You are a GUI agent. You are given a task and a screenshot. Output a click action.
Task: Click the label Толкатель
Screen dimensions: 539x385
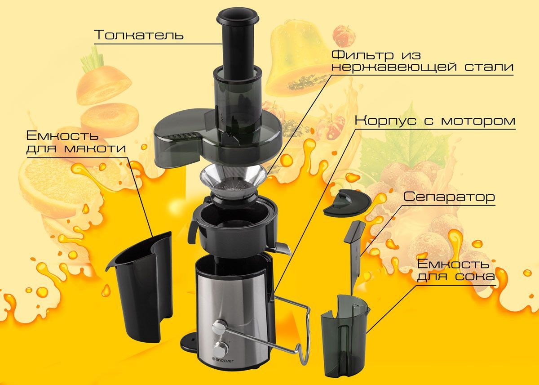[140, 35]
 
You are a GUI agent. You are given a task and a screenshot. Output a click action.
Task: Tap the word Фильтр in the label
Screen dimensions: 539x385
[362, 55]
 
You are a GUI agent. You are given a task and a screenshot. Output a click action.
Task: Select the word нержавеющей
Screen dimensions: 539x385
[394, 67]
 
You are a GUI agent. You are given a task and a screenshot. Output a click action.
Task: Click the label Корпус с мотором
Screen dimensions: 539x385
[435, 121]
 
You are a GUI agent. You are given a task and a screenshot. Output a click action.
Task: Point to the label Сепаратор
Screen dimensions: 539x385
[449, 197]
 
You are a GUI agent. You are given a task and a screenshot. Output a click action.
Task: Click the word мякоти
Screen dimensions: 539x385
[95, 148]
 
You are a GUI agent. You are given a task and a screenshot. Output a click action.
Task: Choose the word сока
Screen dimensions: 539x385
[475, 277]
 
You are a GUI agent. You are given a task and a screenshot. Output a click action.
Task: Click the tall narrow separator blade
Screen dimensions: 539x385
[354, 255]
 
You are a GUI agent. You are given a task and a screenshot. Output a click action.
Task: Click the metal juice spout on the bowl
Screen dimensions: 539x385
[283, 248]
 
